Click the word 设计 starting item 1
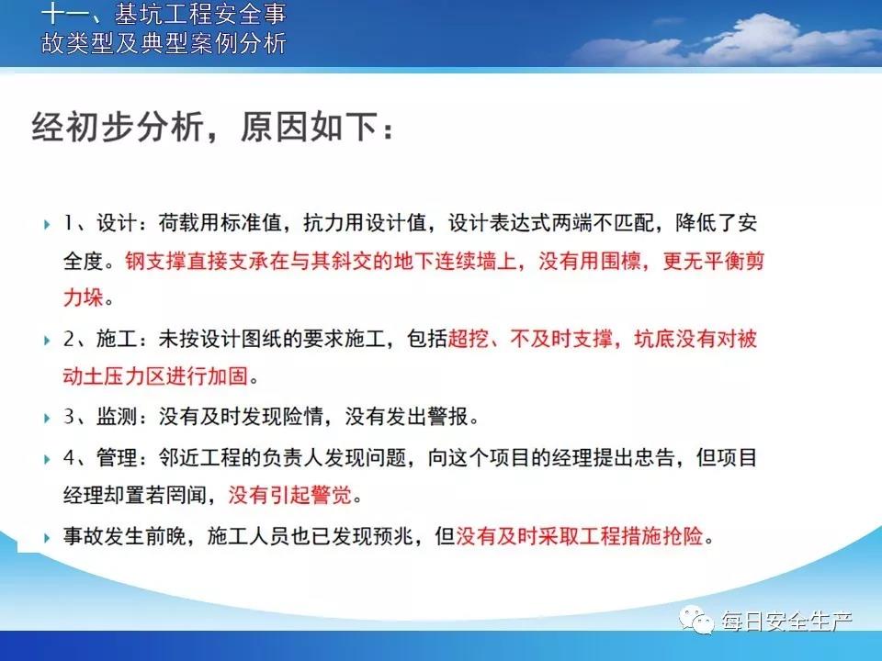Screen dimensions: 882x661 coord(117,223)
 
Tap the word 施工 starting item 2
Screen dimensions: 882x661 coord(117,339)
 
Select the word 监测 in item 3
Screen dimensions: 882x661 coord(117,417)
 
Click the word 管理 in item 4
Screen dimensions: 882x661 coord(117,457)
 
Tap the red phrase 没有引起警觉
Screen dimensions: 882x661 coord(290,495)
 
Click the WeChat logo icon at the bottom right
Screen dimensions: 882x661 coord(697,620)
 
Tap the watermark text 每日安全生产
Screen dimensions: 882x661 coord(787,622)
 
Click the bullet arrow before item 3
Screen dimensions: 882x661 coord(47,419)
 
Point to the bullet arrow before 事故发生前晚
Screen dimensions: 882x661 coord(47,538)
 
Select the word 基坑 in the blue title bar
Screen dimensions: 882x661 coord(139,14)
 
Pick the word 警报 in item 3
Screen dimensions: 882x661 coord(447,417)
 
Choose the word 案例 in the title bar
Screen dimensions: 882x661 coord(213,43)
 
